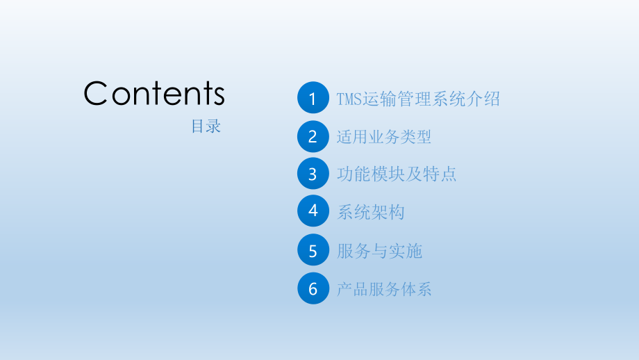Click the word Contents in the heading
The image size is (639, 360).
pos(154,94)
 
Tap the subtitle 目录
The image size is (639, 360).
pos(206,126)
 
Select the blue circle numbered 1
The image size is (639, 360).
pos(313,99)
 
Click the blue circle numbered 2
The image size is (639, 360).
pos(313,137)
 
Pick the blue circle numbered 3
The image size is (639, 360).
pos(313,174)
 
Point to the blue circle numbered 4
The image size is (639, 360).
pos(313,211)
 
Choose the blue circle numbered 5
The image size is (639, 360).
pos(313,250)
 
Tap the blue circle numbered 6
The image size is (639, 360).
pos(313,288)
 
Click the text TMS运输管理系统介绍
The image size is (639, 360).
pos(418,99)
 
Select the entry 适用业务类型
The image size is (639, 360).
pos(384,137)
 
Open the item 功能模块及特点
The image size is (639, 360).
pos(397,174)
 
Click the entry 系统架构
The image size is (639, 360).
pos(370,212)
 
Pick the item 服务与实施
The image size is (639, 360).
pos(379,251)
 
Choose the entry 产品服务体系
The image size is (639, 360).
pos(384,288)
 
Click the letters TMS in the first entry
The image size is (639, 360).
pos(349,99)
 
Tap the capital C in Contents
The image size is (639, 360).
pos(97,94)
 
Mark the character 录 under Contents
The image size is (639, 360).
pos(213,126)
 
